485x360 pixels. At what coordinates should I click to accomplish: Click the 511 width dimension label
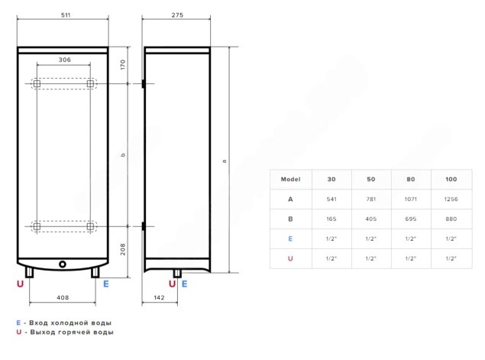point(66,15)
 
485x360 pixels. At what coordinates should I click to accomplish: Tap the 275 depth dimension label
point(177,15)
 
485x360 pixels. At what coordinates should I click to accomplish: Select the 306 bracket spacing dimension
point(65,60)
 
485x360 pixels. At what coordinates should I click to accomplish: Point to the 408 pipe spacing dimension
point(63,297)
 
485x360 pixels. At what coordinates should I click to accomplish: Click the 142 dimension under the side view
point(159,297)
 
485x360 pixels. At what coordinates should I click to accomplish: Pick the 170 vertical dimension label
point(123,64)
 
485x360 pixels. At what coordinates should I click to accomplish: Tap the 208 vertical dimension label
point(123,249)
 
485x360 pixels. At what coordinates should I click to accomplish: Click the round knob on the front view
point(63,264)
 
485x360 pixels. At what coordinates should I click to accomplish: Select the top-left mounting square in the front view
point(37,83)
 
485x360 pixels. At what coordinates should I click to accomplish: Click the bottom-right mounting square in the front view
point(90,226)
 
